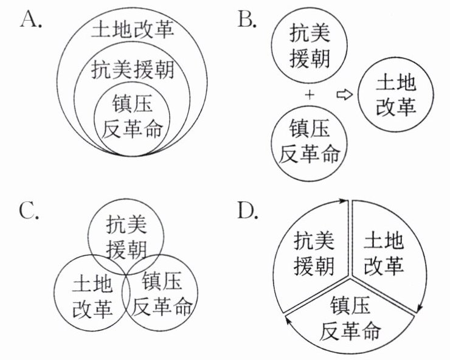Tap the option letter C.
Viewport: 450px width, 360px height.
click(x=30, y=211)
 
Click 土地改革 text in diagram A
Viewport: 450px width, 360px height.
click(x=132, y=29)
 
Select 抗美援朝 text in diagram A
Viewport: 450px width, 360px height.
click(x=132, y=71)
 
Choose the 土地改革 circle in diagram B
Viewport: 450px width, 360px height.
click(x=396, y=95)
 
